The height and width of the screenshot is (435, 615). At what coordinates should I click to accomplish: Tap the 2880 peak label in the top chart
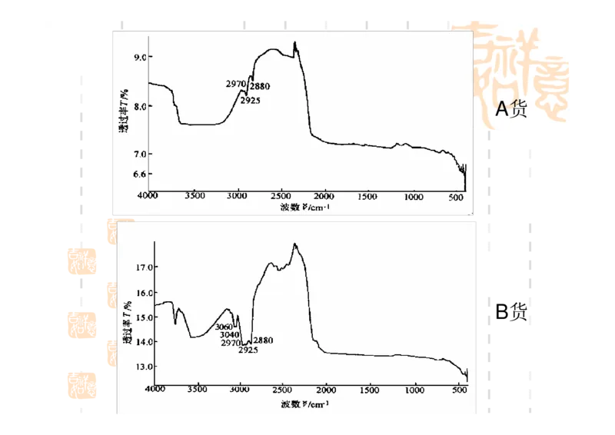click(260, 86)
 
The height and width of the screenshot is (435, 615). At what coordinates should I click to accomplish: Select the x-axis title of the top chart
click(305, 208)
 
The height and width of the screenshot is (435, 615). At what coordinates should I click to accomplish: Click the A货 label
click(510, 109)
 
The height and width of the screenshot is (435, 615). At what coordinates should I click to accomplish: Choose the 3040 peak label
click(230, 335)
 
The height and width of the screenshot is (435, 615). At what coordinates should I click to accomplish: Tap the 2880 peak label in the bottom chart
click(263, 340)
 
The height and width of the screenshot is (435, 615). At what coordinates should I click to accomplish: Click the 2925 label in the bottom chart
click(248, 350)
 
